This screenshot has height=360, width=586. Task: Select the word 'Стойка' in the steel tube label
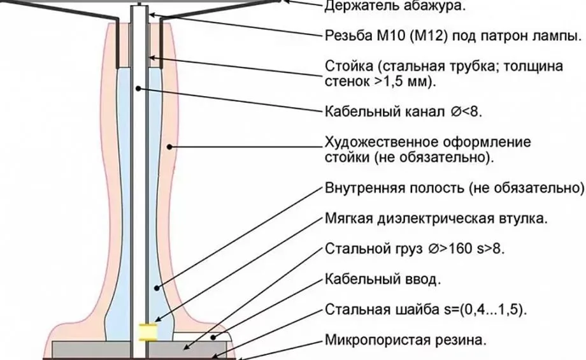pyautogui.click(x=345, y=66)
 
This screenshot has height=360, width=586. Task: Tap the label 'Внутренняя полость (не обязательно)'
pyautogui.click(x=454, y=189)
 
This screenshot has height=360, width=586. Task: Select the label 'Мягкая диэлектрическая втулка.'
pyautogui.click(x=436, y=219)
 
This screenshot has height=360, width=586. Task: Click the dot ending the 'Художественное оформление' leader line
pyautogui.click(x=169, y=146)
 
